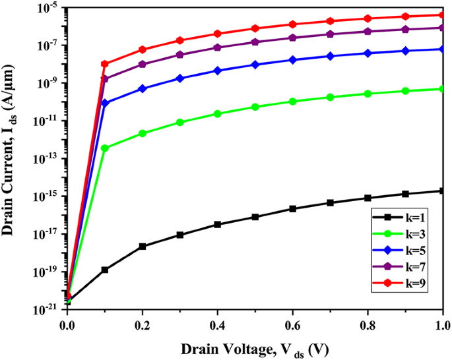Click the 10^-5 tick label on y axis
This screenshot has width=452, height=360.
48,9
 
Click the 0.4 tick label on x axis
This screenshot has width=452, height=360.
217,325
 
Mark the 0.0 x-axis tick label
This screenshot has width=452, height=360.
67,325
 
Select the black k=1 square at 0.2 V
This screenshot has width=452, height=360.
142,247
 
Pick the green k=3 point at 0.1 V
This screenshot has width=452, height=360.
104,148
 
